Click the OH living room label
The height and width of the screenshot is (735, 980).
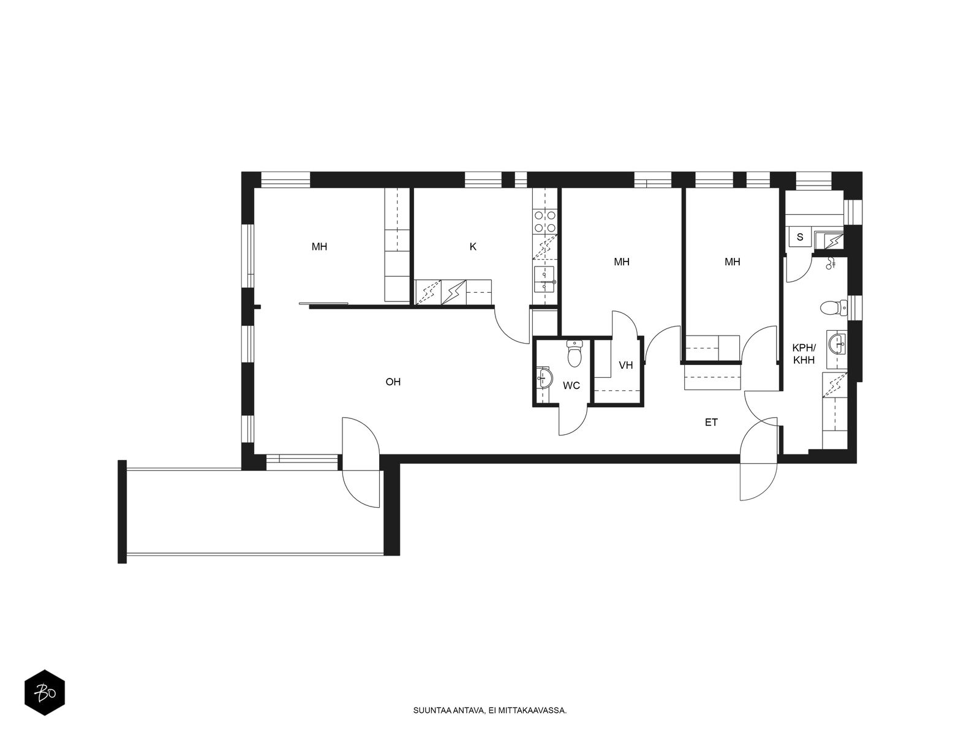(x=393, y=382)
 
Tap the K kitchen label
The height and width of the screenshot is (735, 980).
(x=473, y=246)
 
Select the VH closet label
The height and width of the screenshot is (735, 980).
(x=625, y=365)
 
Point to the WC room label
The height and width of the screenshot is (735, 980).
(x=571, y=386)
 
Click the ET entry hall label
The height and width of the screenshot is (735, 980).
(x=711, y=422)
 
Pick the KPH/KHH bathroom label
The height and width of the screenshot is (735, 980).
(x=804, y=354)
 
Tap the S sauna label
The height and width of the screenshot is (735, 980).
(x=800, y=237)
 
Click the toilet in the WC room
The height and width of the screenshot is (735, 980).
(x=575, y=353)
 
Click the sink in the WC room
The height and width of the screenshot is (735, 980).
(x=544, y=379)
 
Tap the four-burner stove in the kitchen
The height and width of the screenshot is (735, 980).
(x=545, y=222)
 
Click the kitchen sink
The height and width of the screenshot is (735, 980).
(x=545, y=279)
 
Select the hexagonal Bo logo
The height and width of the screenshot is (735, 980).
(x=45, y=693)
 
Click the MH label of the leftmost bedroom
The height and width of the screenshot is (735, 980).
(x=319, y=246)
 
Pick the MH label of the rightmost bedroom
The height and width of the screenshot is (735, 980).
(x=732, y=262)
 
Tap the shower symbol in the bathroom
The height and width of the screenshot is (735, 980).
(x=831, y=263)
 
